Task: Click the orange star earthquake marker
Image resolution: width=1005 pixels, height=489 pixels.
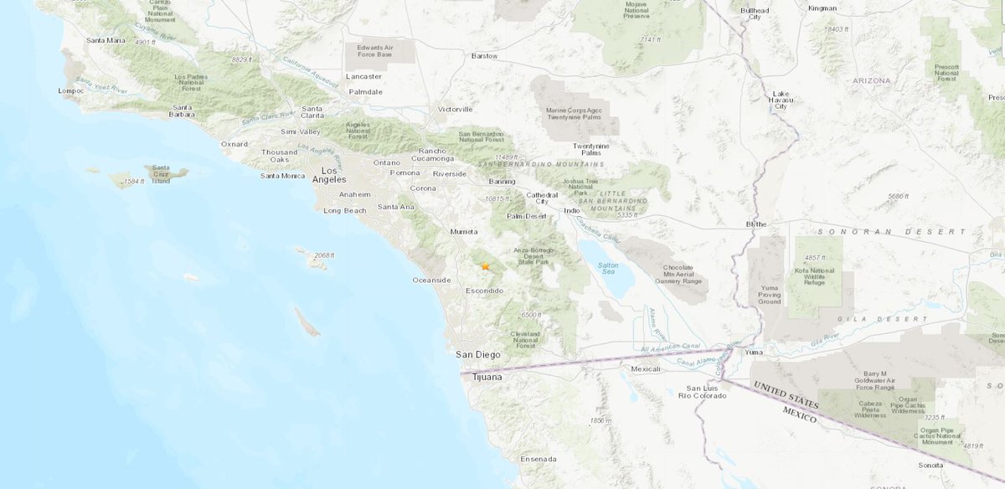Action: pos(485,265)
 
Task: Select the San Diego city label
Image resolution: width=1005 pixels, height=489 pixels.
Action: pos(477,354)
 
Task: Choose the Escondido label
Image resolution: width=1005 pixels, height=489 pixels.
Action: pos(484,291)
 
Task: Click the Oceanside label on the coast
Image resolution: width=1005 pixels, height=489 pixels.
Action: pos(432,280)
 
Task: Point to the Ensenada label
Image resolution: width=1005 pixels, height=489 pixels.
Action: pos(538,459)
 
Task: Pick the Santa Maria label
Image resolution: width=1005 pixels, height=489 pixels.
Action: pos(105,39)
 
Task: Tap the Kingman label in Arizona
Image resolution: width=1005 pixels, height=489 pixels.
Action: pos(822,8)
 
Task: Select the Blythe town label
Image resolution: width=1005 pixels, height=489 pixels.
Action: pos(756,224)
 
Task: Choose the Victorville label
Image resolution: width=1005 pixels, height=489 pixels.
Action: pos(455,109)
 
